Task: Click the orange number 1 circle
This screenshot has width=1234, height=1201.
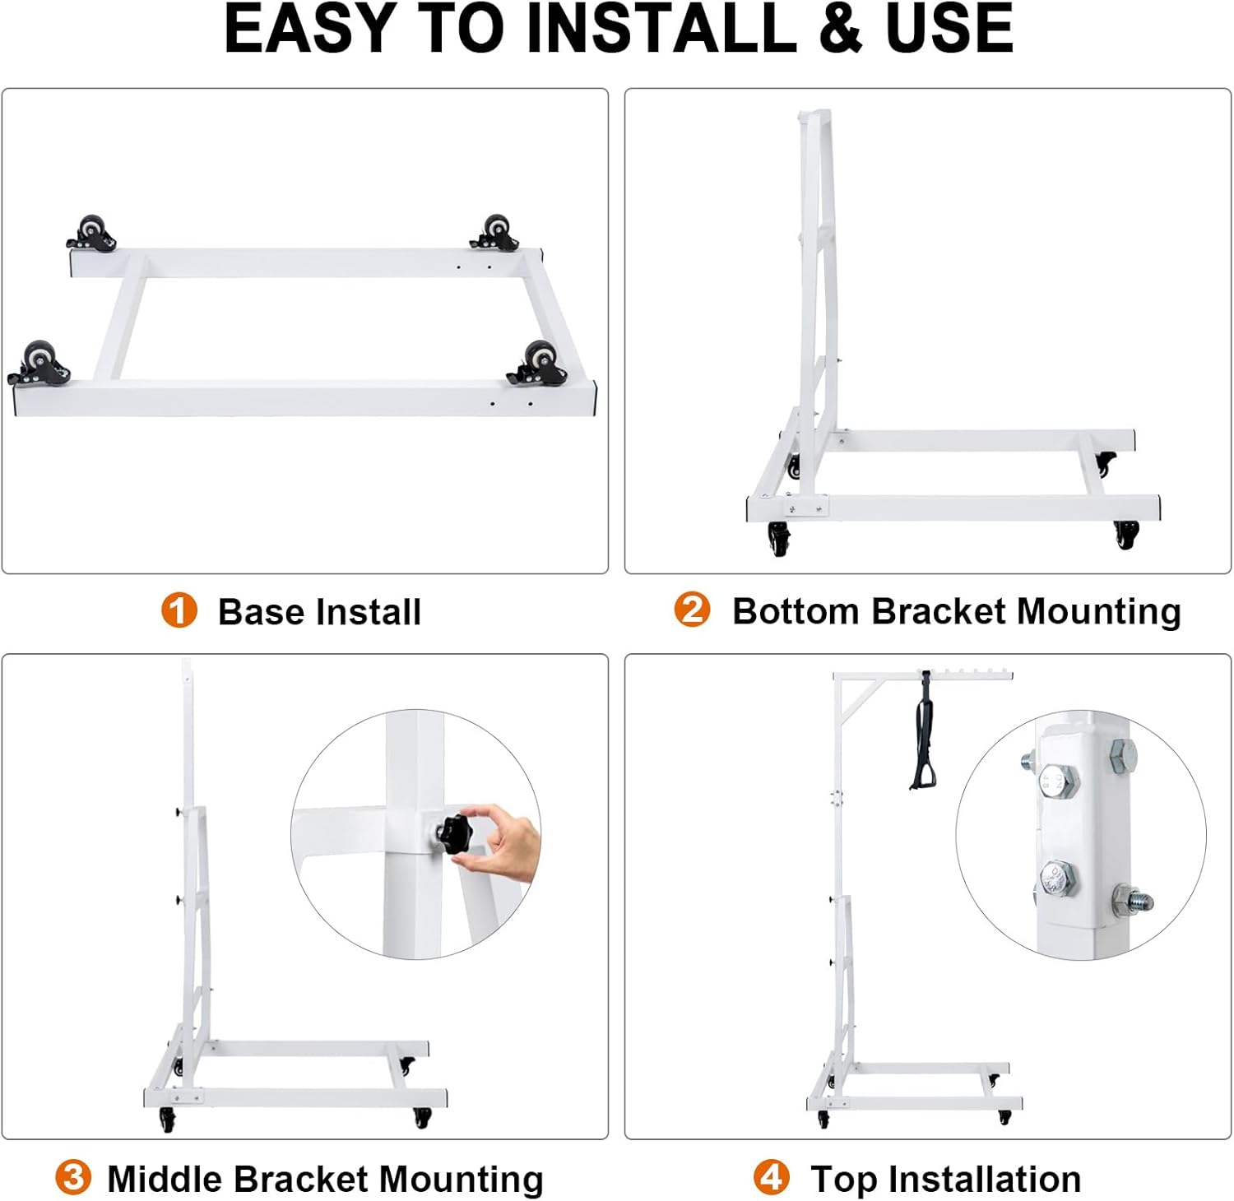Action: coord(179,610)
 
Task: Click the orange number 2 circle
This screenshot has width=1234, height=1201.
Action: coord(692,610)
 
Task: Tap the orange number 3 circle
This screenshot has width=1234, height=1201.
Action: coord(72,1177)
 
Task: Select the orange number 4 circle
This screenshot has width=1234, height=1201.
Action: coord(771,1177)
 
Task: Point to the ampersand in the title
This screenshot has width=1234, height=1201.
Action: coord(841,29)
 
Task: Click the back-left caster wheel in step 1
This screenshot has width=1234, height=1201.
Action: coord(90,234)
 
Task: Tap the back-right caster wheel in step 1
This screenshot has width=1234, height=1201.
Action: coord(495,233)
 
